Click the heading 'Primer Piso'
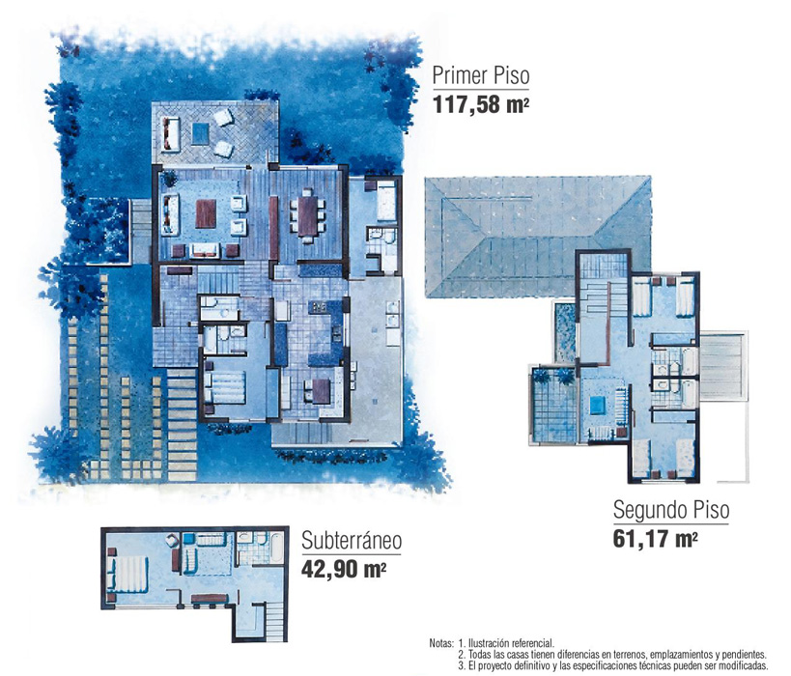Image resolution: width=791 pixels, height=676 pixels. click(481, 75)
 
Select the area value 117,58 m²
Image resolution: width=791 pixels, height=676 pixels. click(481, 104)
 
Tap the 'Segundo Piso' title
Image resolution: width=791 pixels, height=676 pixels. click(671, 510)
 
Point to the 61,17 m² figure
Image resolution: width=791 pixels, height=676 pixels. click(656, 538)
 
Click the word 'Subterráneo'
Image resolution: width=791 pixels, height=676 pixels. click(352, 540)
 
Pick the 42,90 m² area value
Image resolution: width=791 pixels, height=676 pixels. click(344, 569)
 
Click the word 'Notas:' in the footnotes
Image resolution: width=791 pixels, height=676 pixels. click(442, 644)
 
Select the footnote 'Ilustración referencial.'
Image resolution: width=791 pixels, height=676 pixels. click(512, 644)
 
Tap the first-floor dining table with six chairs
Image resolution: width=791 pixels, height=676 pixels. click(307, 216)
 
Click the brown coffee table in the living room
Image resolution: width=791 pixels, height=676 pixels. click(206, 213)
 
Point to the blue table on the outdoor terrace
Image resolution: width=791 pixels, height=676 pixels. click(200, 133)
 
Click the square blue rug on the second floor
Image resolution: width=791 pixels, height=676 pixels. click(597, 405)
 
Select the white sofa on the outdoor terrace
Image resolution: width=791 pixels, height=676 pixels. click(171, 134)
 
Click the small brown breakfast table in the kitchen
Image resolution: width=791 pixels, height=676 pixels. click(322, 391)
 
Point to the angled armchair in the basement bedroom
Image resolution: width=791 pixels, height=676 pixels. click(173, 540)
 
